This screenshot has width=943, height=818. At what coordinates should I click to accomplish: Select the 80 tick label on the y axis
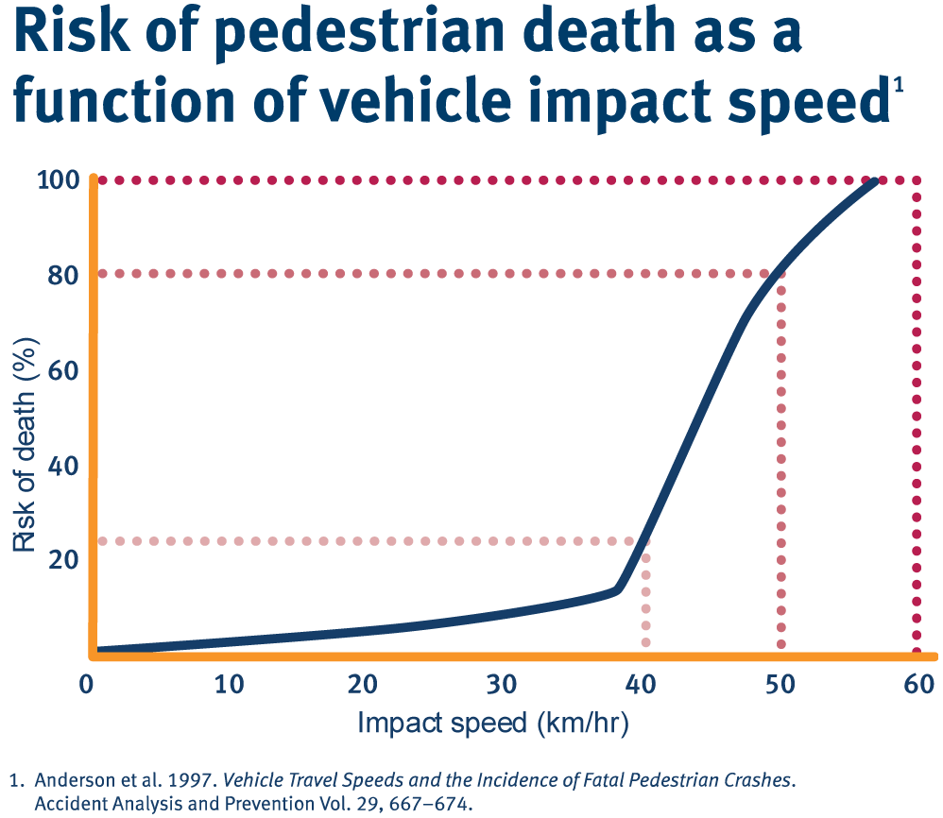pyautogui.click(x=61, y=275)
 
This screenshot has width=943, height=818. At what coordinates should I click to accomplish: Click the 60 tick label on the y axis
pyautogui.click(x=61, y=369)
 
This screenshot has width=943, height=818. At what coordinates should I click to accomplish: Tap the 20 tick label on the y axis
pyautogui.click(x=61, y=559)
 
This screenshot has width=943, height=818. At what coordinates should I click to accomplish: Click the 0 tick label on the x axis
pyautogui.click(x=89, y=684)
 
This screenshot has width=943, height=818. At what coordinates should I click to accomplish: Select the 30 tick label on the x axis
pyautogui.click(x=503, y=684)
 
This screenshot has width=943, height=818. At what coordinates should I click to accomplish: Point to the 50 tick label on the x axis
pyautogui.click(x=779, y=684)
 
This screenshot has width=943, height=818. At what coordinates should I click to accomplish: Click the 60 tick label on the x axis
pyautogui.click(x=917, y=684)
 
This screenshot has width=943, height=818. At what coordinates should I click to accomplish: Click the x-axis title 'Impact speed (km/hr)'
pyautogui.click(x=493, y=724)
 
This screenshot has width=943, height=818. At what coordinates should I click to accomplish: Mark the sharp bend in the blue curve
pyautogui.click(x=619, y=589)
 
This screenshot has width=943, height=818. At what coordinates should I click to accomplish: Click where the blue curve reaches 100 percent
pyautogui.click(x=877, y=179)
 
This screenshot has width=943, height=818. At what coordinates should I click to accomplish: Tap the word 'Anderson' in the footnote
pyautogui.click(x=68, y=782)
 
